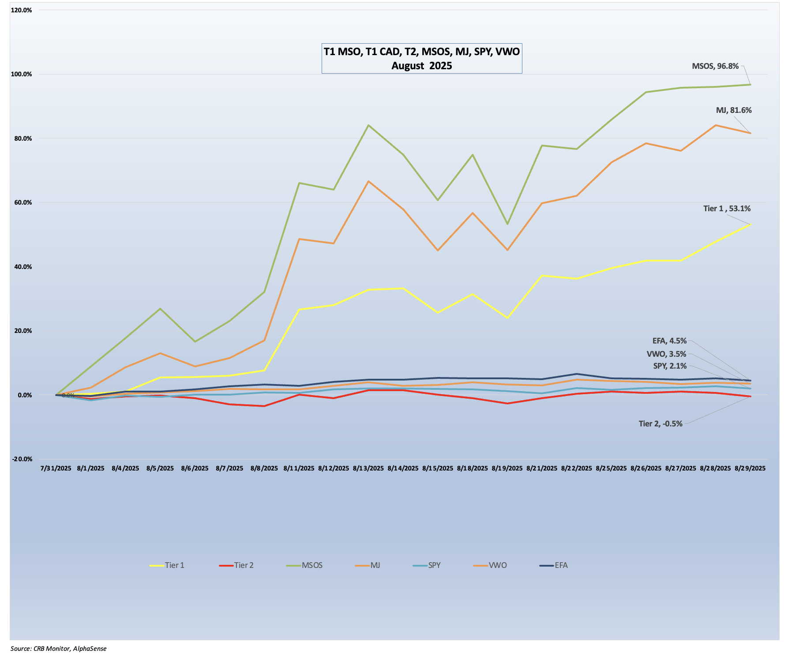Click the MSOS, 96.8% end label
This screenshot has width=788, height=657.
pyautogui.click(x=715, y=66)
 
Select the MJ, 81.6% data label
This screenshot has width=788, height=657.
pyautogui.click(x=733, y=110)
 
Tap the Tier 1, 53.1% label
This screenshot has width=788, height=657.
pyautogui.click(x=727, y=209)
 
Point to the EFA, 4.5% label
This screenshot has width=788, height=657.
pyautogui.click(x=669, y=341)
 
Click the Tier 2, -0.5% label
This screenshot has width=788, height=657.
pyautogui.click(x=660, y=424)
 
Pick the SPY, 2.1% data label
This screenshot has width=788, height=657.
pyautogui.click(x=670, y=366)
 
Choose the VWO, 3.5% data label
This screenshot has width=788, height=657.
pyautogui.click(x=666, y=354)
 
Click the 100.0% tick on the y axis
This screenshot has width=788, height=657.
pyautogui.click(x=21, y=74)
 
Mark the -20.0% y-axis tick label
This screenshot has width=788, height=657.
pyautogui.click(x=22, y=459)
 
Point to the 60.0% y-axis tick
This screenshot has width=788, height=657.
pyautogui.click(x=22, y=202)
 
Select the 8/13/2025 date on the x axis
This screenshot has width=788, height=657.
pyautogui.click(x=368, y=468)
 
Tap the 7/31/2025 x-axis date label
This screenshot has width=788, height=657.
pyautogui.click(x=56, y=468)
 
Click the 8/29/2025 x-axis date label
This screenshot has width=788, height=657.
pyautogui.click(x=750, y=468)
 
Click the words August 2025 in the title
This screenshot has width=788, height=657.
pyautogui.click(x=421, y=66)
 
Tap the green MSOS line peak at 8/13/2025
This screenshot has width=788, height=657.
pyautogui.click(x=368, y=125)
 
